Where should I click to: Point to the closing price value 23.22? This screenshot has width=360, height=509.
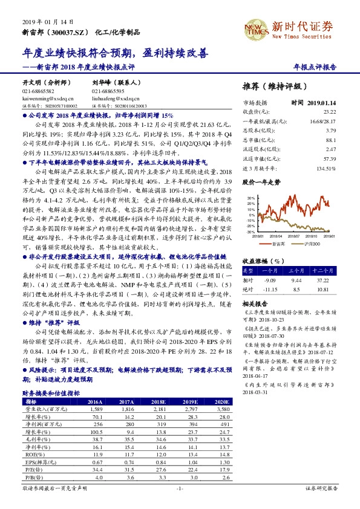(329, 112)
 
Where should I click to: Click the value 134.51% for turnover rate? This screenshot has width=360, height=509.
(326, 168)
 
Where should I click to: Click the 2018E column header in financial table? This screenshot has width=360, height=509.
(159, 401)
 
